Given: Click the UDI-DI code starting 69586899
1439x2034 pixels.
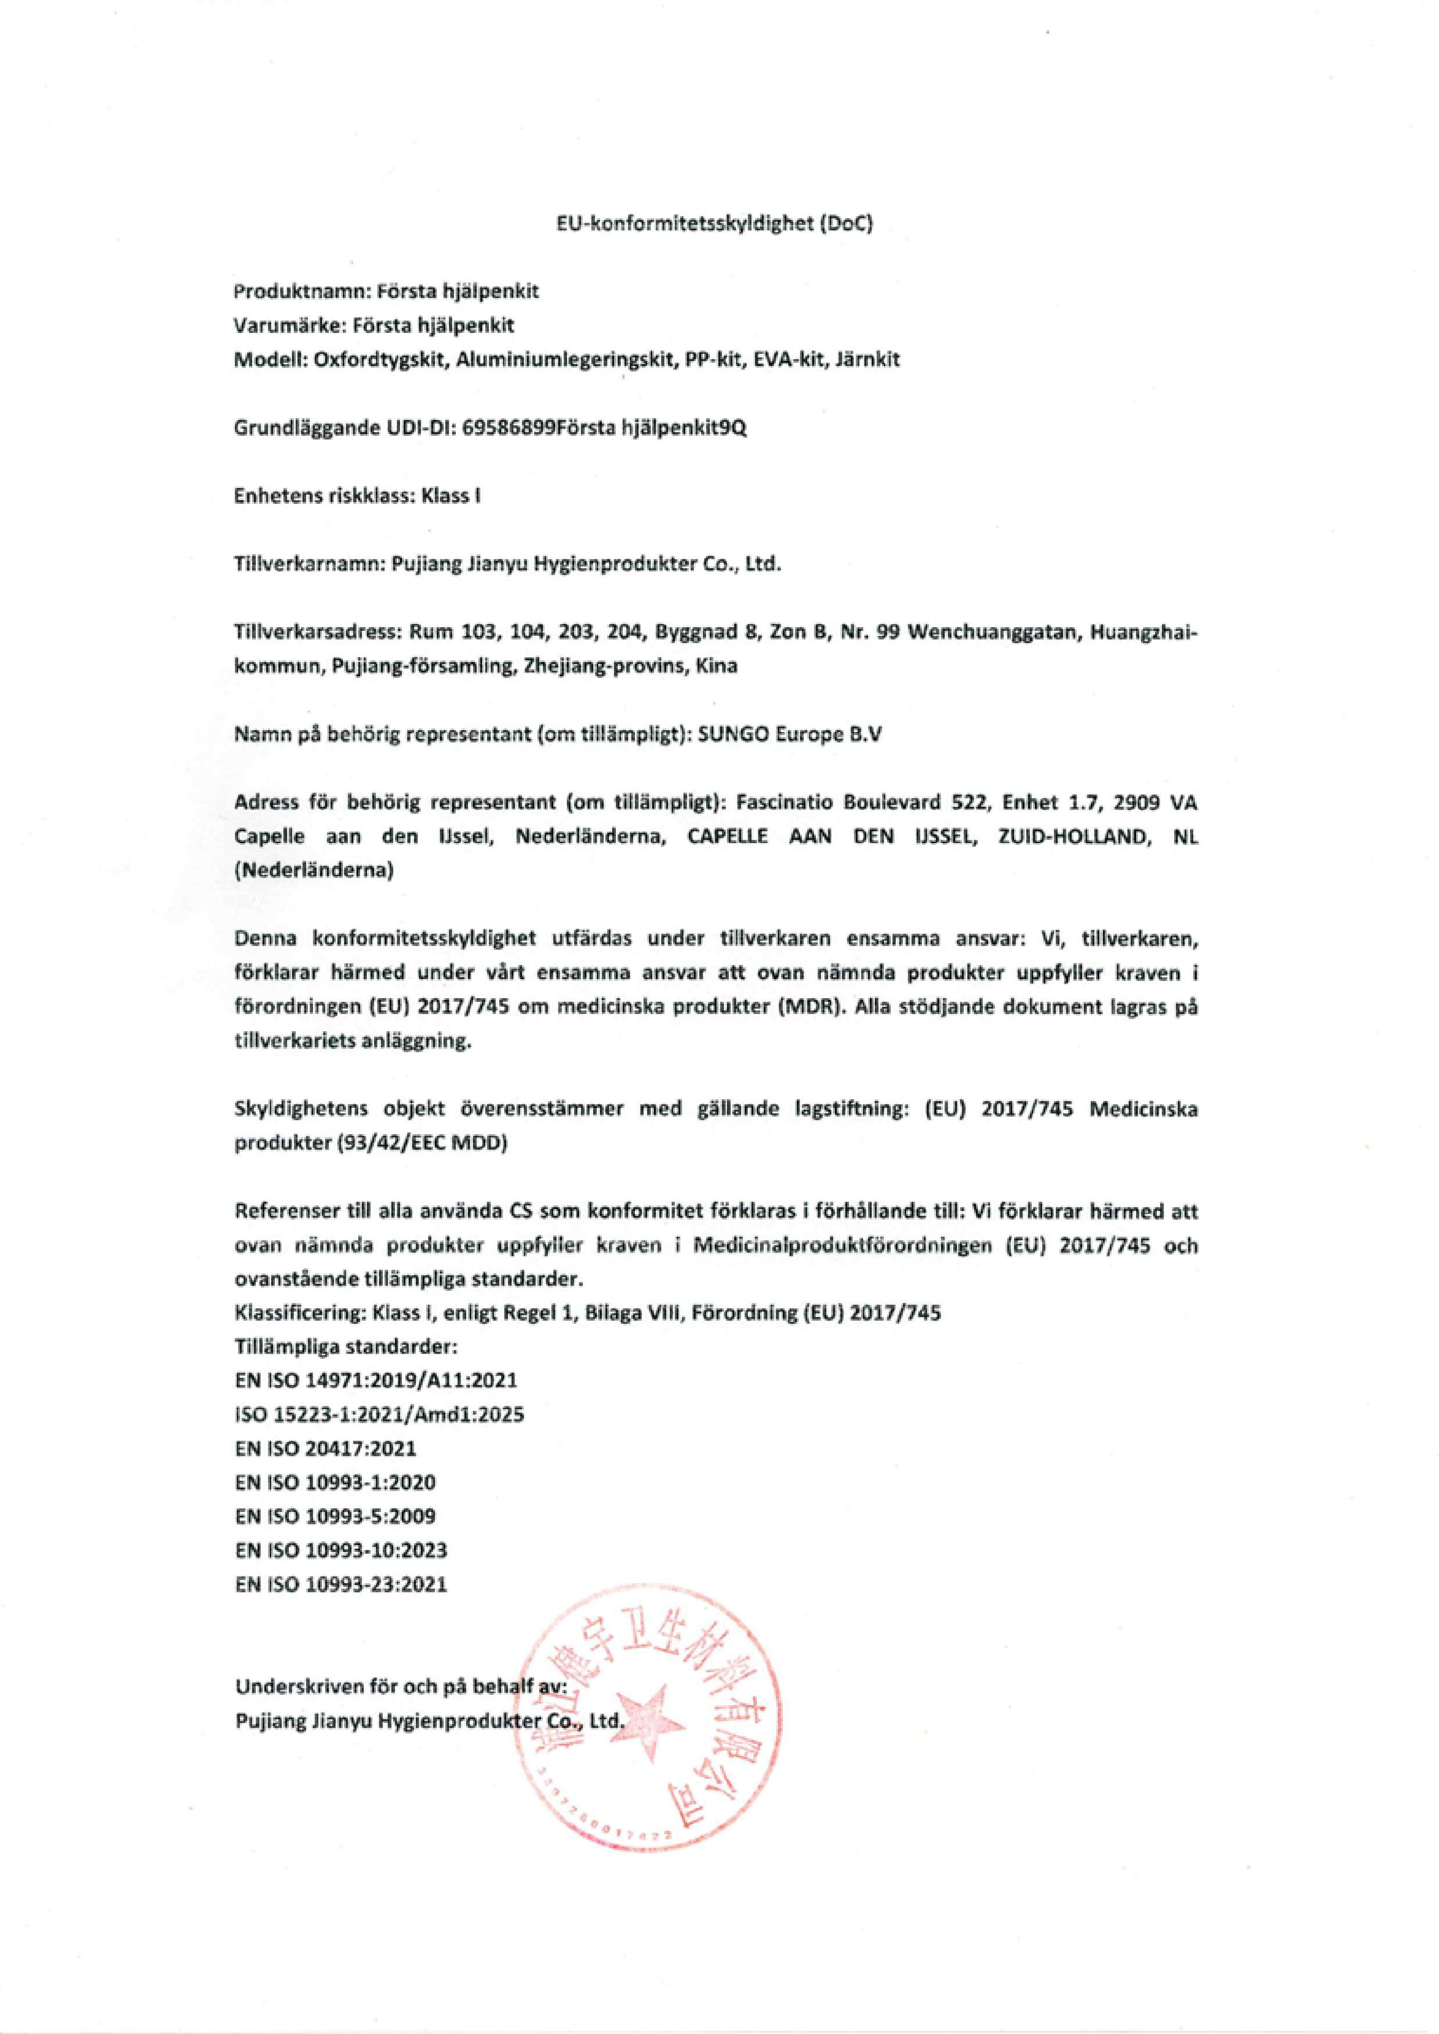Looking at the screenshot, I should click(x=605, y=428).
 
